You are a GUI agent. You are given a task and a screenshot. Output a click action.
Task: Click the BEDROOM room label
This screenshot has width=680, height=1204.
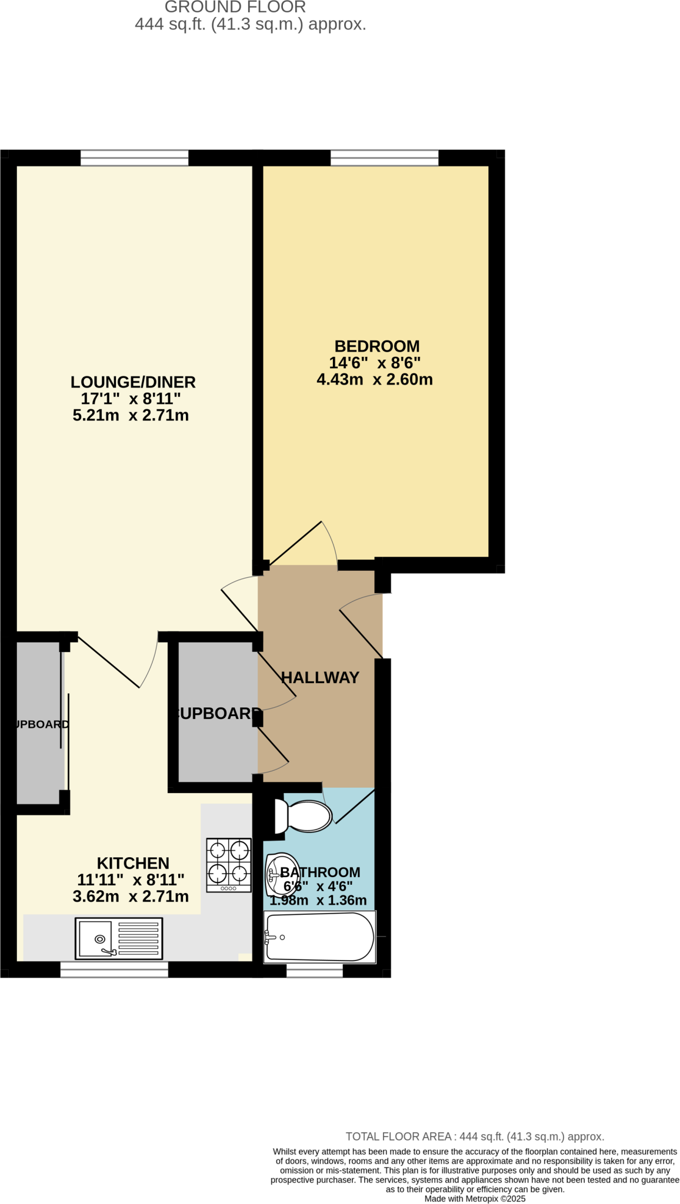click(x=376, y=346)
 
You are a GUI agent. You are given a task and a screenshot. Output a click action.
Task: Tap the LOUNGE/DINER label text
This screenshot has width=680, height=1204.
click(x=133, y=382)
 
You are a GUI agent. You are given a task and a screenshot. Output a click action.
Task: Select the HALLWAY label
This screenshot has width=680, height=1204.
click(x=320, y=678)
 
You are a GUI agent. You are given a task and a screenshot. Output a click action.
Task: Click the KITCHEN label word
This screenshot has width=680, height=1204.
click(x=133, y=863)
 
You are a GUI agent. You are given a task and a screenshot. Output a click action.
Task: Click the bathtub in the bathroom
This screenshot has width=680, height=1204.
click(x=319, y=937)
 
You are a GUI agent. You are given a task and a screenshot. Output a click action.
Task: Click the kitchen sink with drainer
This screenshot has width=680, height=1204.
click(x=119, y=938)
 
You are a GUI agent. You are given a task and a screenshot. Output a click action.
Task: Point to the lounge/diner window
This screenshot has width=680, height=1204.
click(x=134, y=158)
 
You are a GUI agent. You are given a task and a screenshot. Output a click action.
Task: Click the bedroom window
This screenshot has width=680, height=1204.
click(x=384, y=158)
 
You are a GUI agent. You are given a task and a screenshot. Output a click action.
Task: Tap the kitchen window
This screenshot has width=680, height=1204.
click(x=114, y=969)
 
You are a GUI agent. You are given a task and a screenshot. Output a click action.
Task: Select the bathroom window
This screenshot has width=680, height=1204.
click(x=314, y=970)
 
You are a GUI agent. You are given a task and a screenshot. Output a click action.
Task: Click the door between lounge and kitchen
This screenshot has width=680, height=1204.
click(x=118, y=661)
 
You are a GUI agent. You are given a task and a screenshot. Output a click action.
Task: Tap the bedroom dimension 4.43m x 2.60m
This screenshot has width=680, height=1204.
click(x=375, y=380)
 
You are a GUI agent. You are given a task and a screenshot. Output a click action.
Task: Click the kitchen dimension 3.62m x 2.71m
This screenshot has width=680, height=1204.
click(x=131, y=897)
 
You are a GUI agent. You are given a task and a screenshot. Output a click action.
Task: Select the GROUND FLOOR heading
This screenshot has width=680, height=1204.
click(x=235, y=8)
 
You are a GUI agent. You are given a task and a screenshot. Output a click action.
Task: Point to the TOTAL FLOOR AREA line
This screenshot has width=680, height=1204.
click(x=475, y=1136)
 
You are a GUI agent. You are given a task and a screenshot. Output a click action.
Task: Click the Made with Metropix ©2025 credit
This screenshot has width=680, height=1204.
click(x=475, y=1198)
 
